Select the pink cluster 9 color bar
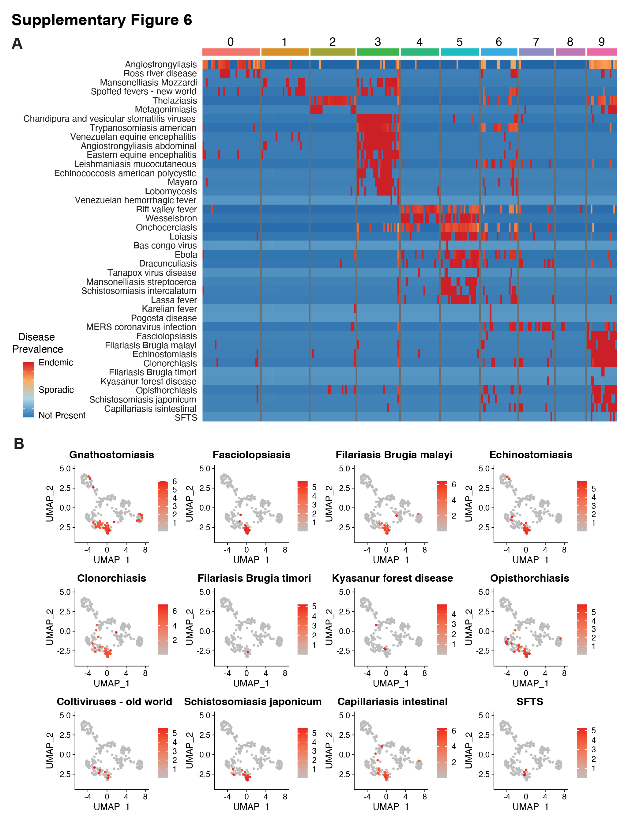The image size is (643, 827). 602,52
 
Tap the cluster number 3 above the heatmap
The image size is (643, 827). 378,42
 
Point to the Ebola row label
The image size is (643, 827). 186,255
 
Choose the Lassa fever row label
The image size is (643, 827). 174,300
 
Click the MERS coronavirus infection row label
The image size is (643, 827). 141,327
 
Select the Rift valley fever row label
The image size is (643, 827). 167,210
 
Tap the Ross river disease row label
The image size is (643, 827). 160,74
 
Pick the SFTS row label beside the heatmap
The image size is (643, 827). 186,418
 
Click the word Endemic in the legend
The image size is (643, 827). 56,362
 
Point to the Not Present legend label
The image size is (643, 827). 62,415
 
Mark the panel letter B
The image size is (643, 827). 19,444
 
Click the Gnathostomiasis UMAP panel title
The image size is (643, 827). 112,455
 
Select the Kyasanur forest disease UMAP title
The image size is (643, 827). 393,578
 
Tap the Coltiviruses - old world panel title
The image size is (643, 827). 114,702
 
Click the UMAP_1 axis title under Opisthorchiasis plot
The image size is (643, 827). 531,683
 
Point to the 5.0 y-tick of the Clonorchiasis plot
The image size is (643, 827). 65,592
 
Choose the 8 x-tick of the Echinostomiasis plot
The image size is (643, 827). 564,550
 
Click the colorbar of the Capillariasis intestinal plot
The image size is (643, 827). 442,753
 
